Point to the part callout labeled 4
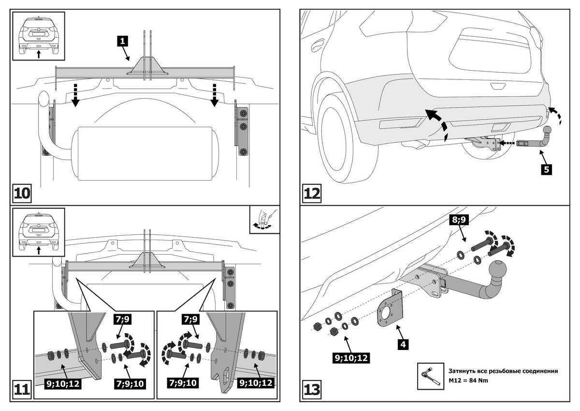(403, 344)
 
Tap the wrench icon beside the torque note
(430, 376)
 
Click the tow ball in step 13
(498, 269)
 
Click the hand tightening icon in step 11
(264, 219)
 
